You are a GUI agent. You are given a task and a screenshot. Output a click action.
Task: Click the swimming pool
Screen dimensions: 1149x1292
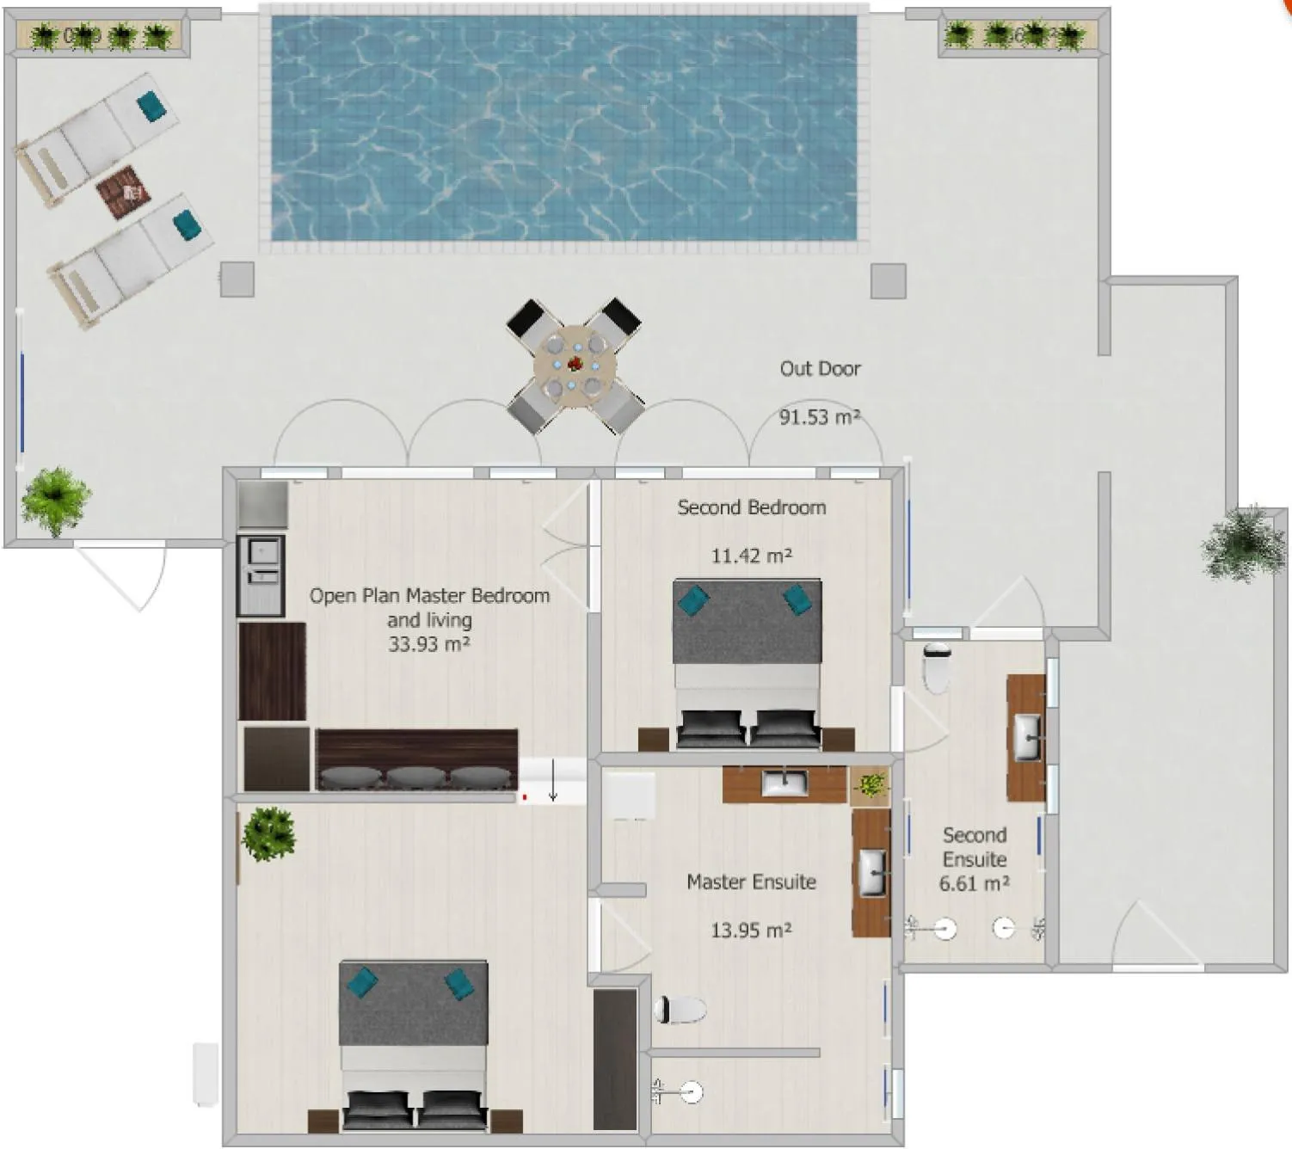[564, 127]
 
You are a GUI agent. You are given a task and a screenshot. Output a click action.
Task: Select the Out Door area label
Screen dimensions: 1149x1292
[820, 368]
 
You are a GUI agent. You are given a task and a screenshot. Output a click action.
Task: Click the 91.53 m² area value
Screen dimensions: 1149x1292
[820, 417]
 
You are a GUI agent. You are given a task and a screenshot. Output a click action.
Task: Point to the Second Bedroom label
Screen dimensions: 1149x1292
[751, 507]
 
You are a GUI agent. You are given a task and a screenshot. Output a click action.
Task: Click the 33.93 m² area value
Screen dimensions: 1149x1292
[428, 644]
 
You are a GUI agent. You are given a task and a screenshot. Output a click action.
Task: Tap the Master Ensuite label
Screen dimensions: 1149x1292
[751, 882]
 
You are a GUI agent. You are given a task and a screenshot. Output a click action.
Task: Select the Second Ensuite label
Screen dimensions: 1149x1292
[974, 847]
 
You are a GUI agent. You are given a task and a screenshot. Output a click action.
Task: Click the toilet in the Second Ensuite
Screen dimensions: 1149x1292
[936, 667]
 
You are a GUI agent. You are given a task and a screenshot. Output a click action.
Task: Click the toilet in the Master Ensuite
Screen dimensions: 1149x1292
[680, 1010]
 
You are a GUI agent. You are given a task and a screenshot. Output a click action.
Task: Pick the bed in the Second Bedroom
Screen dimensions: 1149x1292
[747, 662]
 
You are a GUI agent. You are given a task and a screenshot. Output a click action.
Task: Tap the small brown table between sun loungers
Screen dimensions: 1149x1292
[123, 192]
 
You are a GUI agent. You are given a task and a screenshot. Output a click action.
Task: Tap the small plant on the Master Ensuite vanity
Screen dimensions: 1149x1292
[871, 785]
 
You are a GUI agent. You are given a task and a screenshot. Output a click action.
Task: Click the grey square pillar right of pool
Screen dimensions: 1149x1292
[888, 280]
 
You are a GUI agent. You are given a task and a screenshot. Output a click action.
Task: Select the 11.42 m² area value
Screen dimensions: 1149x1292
[751, 556]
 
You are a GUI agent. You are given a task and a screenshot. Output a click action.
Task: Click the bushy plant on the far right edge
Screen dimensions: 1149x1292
[1245, 544]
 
